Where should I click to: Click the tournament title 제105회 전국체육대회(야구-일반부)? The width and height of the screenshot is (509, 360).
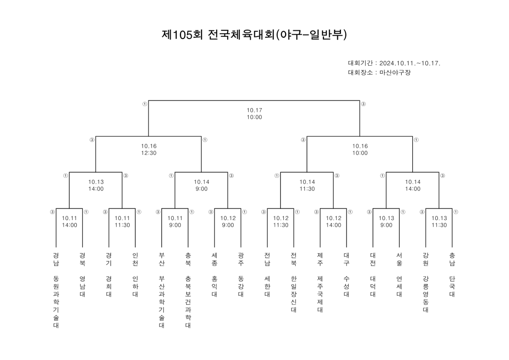pos(254,35)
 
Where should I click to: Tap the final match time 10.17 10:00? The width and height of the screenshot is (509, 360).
pos(255,114)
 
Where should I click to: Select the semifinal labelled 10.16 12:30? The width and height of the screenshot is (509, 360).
pos(149,149)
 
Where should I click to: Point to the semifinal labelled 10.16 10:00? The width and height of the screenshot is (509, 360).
pos(360,149)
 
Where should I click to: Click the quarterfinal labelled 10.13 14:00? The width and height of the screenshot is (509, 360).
pos(96,185)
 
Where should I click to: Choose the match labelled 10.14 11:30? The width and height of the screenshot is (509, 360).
pos(307,185)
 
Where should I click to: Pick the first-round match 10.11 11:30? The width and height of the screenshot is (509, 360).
pos(122,222)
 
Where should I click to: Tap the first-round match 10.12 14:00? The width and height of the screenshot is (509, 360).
pos(333,222)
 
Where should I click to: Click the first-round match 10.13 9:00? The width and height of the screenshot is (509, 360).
pos(386,222)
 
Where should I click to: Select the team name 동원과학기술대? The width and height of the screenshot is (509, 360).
pos(56,302)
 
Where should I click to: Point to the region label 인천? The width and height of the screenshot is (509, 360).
pos(135,260)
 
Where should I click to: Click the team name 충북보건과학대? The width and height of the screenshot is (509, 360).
pos(188,302)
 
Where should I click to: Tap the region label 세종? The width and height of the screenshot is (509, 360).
pos(215,260)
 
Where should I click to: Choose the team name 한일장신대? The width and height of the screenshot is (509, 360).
pos(294,294)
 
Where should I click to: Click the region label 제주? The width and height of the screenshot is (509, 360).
pos(320,260)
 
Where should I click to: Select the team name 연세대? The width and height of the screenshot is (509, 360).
pos(399,286)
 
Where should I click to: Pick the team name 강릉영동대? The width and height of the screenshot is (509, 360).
pos(425,294)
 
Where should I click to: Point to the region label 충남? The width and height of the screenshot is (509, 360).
pos(452,260)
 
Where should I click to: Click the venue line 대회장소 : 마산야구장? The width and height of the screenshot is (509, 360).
pos(379,73)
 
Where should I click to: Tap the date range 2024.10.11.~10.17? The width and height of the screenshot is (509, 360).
pos(410,63)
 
